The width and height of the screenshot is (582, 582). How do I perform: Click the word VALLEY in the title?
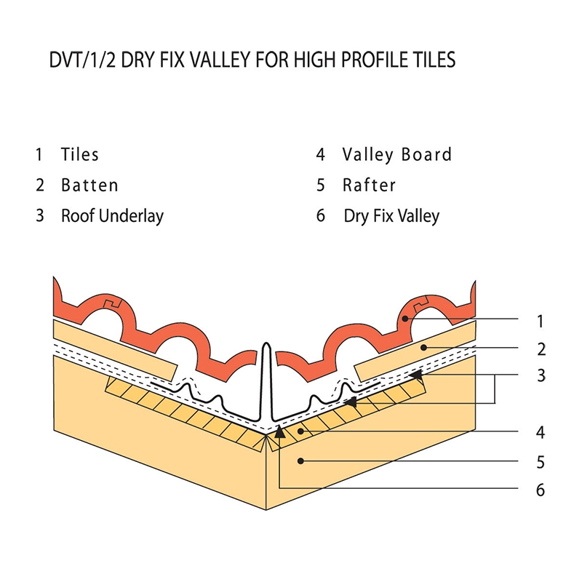click(x=212, y=59)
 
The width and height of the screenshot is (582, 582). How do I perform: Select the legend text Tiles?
click(x=80, y=154)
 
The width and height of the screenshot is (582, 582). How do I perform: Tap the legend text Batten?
click(x=89, y=185)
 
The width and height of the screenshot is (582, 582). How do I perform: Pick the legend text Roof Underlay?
click(x=113, y=215)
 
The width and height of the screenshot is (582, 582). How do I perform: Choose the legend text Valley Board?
click(x=397, y=154)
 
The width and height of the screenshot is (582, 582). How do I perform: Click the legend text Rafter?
click(x=370, y=185)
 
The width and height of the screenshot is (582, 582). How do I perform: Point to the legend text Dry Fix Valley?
click(x=391, y=216)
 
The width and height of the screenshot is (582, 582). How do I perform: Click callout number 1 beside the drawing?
click(x=539, y=320)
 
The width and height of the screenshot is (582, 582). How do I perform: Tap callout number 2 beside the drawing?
click(x=541, y=349)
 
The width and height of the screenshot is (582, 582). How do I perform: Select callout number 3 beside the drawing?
click(x=541, y=376)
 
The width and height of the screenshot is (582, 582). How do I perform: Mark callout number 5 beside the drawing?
click(x=540, y=462)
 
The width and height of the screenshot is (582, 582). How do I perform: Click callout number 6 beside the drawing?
click(x=540, y=490)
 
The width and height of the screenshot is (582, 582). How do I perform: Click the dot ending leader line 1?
click(x=405, y=319)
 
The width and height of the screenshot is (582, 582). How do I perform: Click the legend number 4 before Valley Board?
click(x=320, y=154)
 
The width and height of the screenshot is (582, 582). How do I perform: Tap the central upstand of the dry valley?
click(x=268, y=378)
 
